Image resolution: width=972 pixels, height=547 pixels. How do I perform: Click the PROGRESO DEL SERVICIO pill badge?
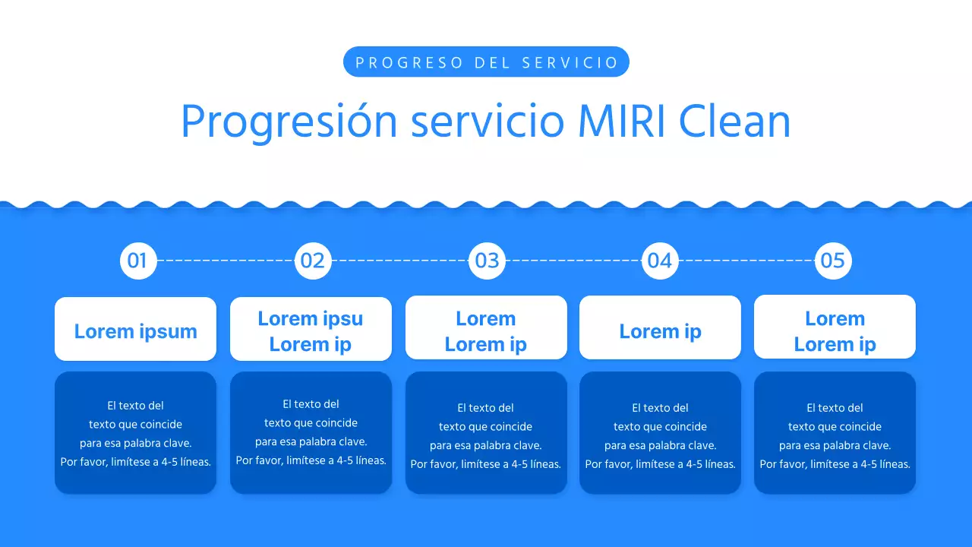[x=486, y=62]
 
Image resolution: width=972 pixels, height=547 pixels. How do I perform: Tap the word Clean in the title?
[x=734, y=121]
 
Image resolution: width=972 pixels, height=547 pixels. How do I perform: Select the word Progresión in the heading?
[x=289, y=122]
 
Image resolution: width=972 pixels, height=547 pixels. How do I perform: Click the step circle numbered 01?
[x=138, y=261]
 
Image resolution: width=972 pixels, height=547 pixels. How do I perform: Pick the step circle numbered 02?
[x=313, y=261]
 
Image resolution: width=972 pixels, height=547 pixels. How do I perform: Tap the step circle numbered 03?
[x=487, y=261]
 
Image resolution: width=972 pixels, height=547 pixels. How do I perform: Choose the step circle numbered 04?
[x=660, y=261]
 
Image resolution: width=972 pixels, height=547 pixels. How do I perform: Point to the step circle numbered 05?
[x=833, y=261]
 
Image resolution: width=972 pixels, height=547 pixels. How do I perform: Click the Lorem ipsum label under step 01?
[x=135, y=331]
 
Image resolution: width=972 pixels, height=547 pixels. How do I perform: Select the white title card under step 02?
[x=311, y=329]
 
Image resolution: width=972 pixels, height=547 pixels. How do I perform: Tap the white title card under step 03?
[x=486, y=327]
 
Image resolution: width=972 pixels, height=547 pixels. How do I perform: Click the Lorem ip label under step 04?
[x=660, y=331]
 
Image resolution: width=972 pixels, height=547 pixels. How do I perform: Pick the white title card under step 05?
[x=835, y=327]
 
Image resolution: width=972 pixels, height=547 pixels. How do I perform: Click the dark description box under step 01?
[x=135, y=433]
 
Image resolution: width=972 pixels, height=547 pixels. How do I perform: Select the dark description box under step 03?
[x=486, y=433]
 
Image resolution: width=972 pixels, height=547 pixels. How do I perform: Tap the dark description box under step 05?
[x=835, y=433]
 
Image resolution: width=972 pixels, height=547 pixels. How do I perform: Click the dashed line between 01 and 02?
[x=226, y=261]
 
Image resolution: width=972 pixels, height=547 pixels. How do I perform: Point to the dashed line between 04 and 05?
[x=746, y=261]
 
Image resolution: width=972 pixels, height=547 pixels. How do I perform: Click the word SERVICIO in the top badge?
[x=570, y=62]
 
